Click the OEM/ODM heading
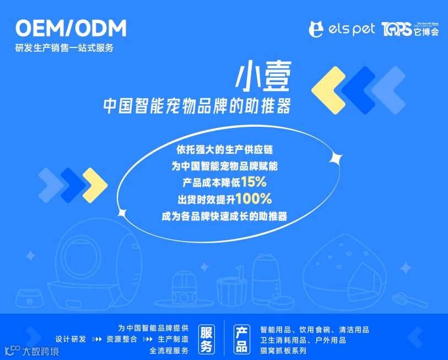tap(71, 28)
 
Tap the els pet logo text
tap(342, 29)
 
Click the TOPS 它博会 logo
tap(410, 29)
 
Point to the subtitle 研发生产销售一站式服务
tap(64, 48)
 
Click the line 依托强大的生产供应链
tap(224, 149)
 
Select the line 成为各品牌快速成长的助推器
tap(224, 216)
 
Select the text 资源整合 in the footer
tap(122, 339)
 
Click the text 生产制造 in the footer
tap(173, 339)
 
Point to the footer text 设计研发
tap(71, 339)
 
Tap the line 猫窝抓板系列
tap(283, 350)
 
